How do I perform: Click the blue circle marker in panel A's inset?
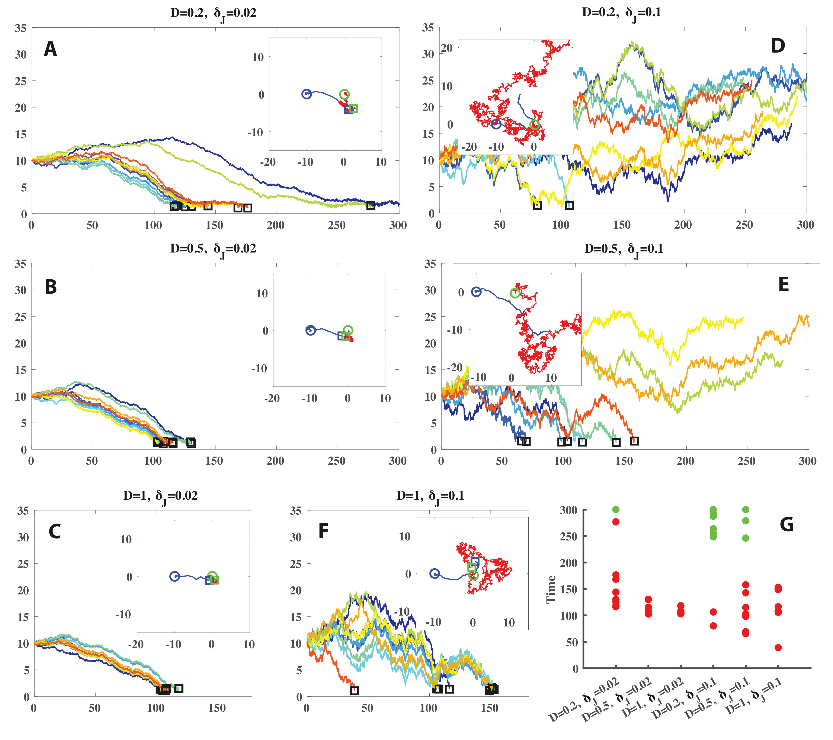click(x=307, y=94)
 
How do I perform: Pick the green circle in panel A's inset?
click(x=344, y=94)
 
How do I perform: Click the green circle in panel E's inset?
click(x=515, y=293)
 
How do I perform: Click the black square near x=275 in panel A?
click(x=371, y=206)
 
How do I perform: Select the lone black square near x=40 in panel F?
click(x=354, y=690)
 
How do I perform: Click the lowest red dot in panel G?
click(x=778, y=647)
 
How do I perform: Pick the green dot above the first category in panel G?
click(x=616, y=510)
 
